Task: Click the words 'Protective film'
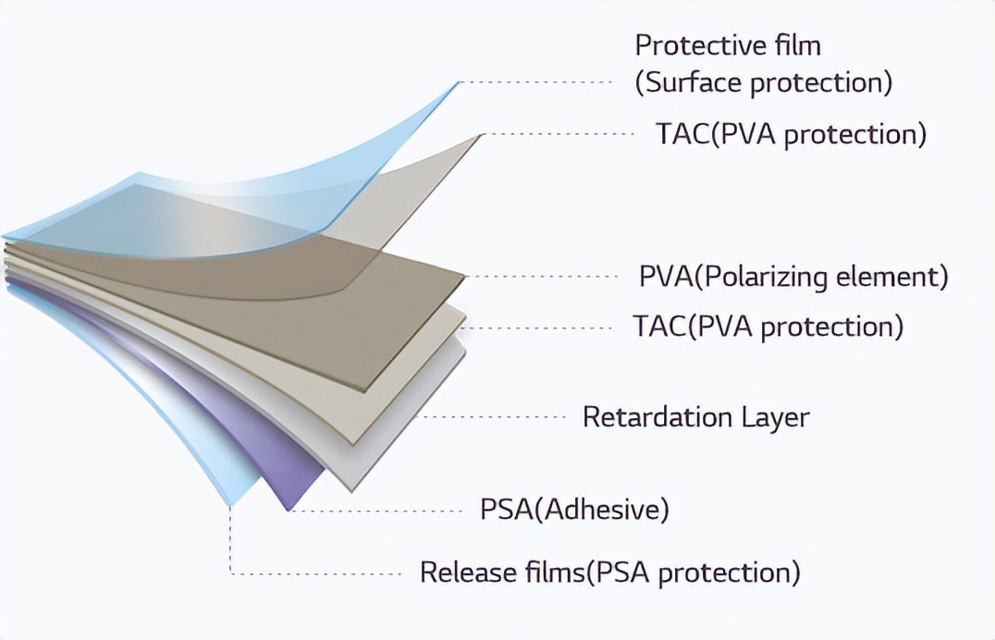[x=728, y=45]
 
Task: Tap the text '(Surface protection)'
[x=764, y=83]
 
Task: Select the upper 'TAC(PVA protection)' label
[x=791, y=135]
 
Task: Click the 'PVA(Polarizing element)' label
[x=793, y=277]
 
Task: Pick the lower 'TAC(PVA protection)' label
[x=768, y=326]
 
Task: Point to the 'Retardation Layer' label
[x=696, y=417]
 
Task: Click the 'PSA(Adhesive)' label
[x=574, y=510]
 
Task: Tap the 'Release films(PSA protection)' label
[x=609, y=572]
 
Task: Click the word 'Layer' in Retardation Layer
[x=776, y=418]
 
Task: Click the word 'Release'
[x=468, y=572]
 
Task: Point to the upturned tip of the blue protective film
[x=457, y=82]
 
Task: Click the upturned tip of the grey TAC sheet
[x=483, y=134]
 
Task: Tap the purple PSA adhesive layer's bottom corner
[x=289, y=510]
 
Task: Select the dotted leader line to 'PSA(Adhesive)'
[x=377, y=511]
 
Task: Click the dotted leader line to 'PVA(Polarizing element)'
[x=543, y=277]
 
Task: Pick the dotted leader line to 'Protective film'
[x=534, y=82]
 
